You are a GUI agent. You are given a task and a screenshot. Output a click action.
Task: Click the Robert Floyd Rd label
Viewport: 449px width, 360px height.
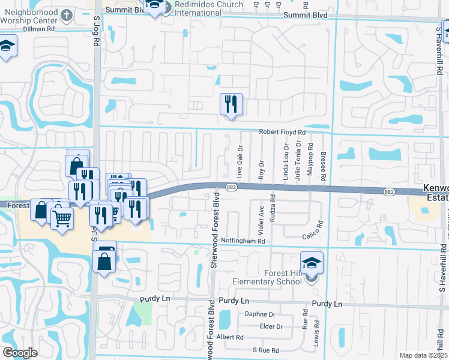pyautogui.click(x=282, y=132)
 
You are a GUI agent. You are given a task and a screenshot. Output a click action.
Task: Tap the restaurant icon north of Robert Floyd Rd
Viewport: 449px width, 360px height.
pyautogui.click(x=231, y=104)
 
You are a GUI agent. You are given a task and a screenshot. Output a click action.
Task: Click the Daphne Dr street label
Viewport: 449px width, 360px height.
pyautogui.click(x=259, y=314)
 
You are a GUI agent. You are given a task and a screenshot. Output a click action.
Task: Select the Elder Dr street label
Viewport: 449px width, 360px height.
pyautogui.click(x=271, y=326)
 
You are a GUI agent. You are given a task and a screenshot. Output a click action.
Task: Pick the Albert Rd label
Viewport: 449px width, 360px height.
pyautogui.click(x=231, y=337)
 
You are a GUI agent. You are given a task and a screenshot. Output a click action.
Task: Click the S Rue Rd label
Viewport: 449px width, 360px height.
pyautogui.click(x=266, y=350)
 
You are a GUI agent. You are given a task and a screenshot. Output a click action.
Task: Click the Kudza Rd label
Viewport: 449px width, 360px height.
pyautogui.click(x=273, y=205)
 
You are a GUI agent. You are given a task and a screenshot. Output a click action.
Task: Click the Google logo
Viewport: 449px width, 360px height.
pyautogui.click(x=20, y=353)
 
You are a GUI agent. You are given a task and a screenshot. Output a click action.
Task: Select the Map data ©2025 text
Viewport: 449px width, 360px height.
pyautogui.click(x=423, y=355)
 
